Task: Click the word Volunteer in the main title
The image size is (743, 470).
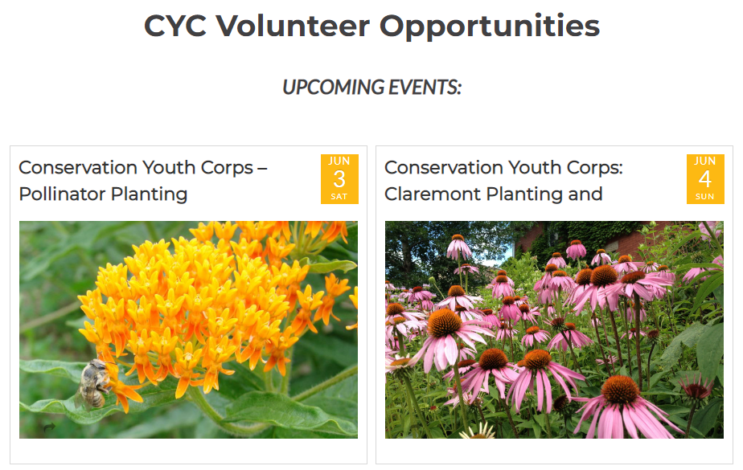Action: tap(293, 26)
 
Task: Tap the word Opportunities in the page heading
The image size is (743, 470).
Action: tap(490, 27)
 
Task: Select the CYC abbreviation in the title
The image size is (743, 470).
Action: tap(175, 26)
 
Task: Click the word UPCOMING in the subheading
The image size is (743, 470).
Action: tap(333, 87)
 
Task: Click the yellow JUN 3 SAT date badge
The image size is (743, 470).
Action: tap(339, 179)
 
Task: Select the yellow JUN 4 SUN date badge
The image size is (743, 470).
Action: tap(705, 179)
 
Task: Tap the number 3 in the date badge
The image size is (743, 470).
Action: tap(339, 179)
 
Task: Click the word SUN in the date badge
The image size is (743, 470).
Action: tap(705, 196)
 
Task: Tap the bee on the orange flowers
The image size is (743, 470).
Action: tap(93, 384)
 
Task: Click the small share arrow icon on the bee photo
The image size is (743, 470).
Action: tap(49, 427)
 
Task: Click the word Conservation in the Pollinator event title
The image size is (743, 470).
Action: tap(78, 168)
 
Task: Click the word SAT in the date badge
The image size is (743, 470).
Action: tap(339, 196)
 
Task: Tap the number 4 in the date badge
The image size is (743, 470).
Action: tap(705, 179)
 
